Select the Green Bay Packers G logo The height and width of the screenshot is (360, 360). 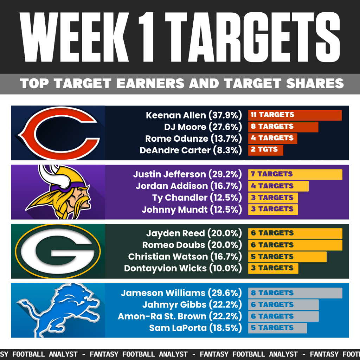[58, 251]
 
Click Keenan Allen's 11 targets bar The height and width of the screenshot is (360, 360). [295, 115]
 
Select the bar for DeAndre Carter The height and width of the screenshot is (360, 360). [265, 150]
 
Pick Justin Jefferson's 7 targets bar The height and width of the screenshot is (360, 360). [295, 174]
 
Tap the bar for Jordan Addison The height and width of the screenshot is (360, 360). [278, 186]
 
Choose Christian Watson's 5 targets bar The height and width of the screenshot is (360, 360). [287, 257]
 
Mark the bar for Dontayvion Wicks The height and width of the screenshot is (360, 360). [273, 268]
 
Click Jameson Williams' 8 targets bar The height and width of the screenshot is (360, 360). [295, 293]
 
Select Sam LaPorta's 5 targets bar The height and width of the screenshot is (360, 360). [277, 328]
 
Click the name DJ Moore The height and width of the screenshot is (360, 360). [185, 127]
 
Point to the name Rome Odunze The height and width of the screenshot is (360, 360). [176, 139]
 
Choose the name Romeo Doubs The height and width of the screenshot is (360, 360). [173, 245]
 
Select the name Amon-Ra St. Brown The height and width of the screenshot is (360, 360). [162, 316]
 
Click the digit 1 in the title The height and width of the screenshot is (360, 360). [146, 37]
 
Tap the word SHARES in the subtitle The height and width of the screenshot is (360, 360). [315, 83]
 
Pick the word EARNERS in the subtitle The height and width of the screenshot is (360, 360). [150, 83]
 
